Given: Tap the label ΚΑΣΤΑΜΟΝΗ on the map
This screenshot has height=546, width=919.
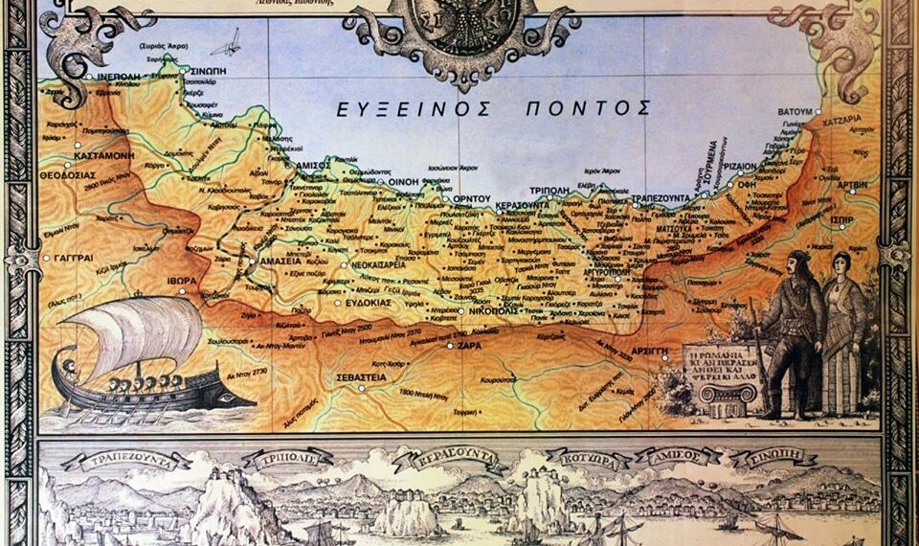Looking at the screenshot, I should pos(105,154).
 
